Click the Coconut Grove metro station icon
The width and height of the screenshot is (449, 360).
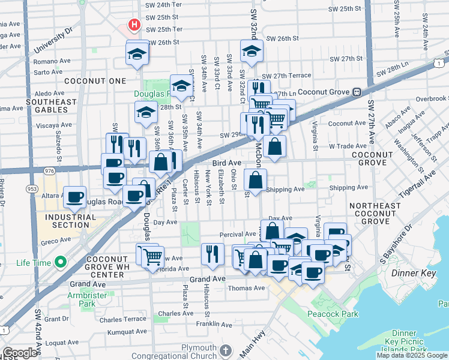point(356,92)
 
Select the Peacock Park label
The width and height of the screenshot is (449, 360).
point(333,314)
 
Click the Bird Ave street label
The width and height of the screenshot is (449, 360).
point(226,163)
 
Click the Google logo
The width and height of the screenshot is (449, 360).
point(20,353)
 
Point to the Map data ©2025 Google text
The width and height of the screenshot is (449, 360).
point(412,355)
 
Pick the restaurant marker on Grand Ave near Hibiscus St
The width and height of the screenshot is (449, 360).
point(212,254)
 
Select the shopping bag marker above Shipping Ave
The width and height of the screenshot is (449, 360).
point(256,179)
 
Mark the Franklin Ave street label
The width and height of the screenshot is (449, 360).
point(217,324)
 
